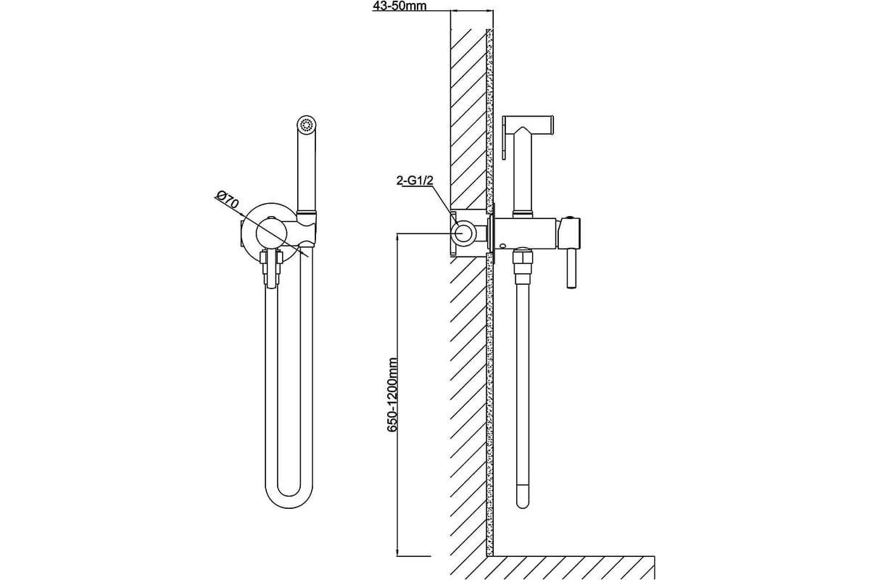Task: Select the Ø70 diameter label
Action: click(x=228, y=200)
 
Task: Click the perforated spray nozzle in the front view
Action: click(x=307, y=125)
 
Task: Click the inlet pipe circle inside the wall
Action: click(x=463, y=234)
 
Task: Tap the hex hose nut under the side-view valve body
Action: click(x=523, y=262)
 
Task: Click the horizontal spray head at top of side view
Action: click(x=528, y=123)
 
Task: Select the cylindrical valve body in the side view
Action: click(x=526, y=233)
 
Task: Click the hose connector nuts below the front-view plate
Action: click(x=271, y=268)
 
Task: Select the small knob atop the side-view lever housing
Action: click(x=571, y=219)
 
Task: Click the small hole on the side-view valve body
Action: click(x=503, y=246)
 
